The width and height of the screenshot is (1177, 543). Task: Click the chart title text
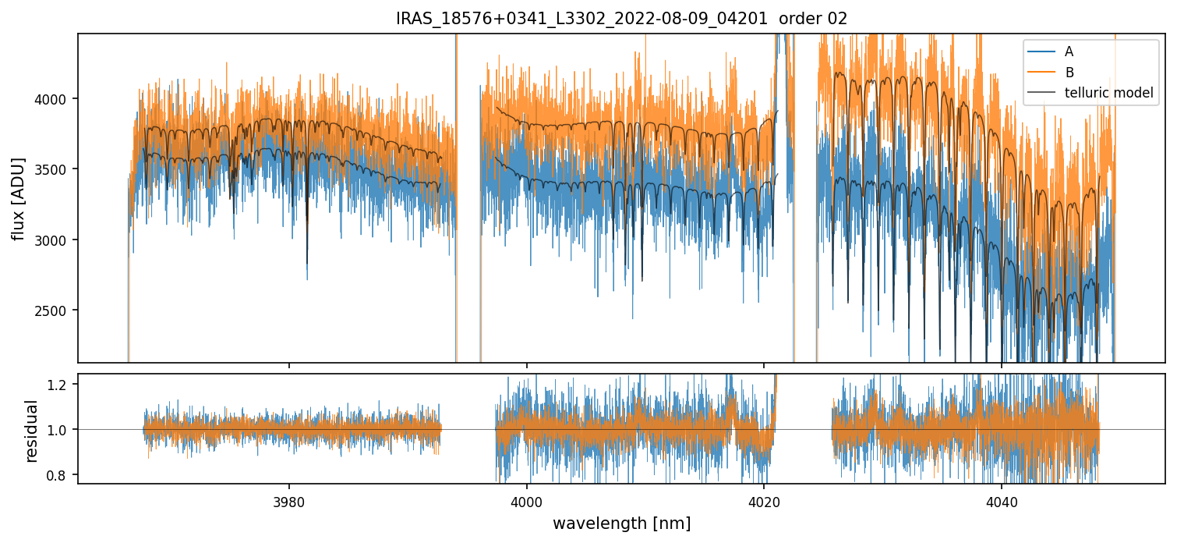point(621,19)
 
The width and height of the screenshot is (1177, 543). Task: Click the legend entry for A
point(1069,51)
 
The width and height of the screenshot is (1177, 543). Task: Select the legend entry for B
point(1069,73)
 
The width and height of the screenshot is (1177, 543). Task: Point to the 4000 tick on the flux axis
point(57,99)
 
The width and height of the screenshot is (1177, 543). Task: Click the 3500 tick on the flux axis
point(57,169)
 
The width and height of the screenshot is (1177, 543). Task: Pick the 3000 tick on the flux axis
point(57,240)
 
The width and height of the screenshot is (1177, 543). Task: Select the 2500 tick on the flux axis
point(57,311)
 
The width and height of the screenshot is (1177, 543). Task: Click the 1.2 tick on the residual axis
point(62,384)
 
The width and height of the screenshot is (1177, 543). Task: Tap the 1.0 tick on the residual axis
point(62,429)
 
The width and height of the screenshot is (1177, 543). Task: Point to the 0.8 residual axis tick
point(62,474)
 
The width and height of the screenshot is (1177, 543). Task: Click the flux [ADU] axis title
point(18,198)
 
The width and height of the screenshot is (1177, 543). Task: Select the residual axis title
point(32,431)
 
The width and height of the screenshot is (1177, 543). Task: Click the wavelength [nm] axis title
point(621,523)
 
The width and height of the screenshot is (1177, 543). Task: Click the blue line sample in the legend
point(1041,51)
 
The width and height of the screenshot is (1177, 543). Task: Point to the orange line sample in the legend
point(1041,73)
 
